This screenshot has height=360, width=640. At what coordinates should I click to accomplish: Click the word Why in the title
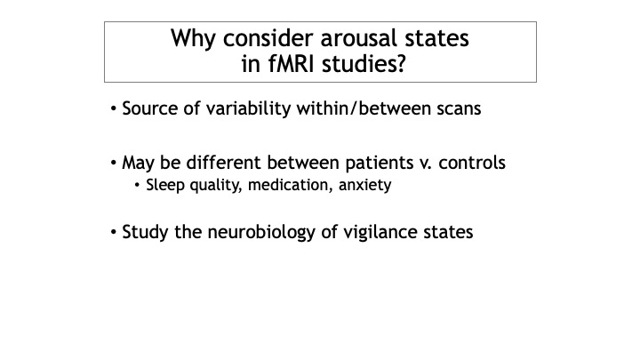pos(193,39)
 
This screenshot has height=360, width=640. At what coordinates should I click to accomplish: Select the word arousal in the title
pos(359,38)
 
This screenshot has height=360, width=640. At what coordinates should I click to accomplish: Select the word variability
pos(248,109)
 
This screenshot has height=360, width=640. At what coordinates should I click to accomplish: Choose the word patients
pos(380,163)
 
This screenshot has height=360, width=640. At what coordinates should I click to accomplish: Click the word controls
pos(472,163)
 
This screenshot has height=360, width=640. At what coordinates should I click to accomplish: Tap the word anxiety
pos(365,186)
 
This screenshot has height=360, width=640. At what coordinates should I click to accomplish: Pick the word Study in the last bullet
pos(145,233)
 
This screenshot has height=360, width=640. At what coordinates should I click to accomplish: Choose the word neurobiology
pos(261,233)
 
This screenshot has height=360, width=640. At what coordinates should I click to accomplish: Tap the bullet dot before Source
pos(114,109)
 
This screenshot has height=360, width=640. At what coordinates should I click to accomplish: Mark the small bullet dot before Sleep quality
pos(137,186)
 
